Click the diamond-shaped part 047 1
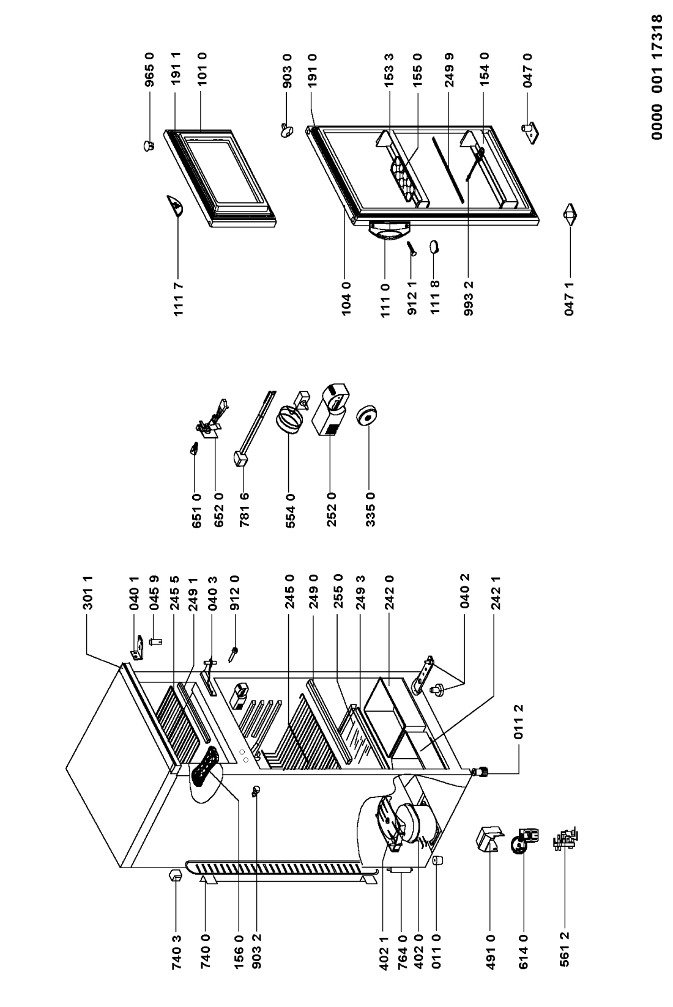click(570, 215)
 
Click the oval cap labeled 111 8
click(434, 247)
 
